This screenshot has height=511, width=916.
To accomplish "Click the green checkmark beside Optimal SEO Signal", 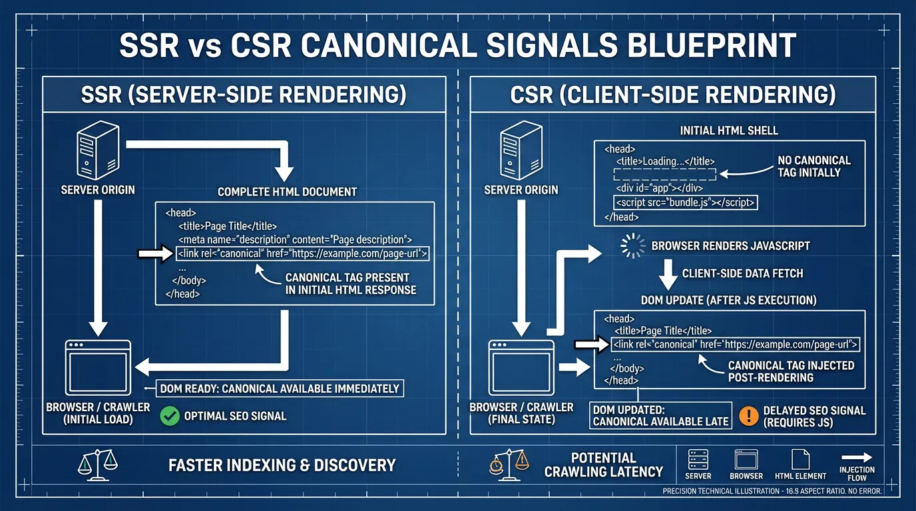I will point(170,417).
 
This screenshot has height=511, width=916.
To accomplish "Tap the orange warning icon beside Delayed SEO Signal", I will point(749,416).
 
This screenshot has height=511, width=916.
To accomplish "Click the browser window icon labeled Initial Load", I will point(98,368).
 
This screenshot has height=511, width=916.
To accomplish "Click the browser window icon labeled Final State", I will point(521,368).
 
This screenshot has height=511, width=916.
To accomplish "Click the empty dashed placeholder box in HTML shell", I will point(664,174).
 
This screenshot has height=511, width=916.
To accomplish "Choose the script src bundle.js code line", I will point(685,203).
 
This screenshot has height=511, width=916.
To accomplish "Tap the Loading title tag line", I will point(665,162).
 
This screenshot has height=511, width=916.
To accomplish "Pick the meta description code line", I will point(295,240).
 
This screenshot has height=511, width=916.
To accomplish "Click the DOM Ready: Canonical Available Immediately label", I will point(280,389).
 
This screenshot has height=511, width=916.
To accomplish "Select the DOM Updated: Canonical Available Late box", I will point(662,415).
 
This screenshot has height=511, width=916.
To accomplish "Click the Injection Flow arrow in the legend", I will point(857,457).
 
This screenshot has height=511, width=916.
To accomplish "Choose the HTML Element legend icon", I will point(800,460).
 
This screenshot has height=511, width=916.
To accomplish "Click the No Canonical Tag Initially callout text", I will point(813,166).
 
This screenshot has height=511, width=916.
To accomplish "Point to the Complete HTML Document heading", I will point(288,192).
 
